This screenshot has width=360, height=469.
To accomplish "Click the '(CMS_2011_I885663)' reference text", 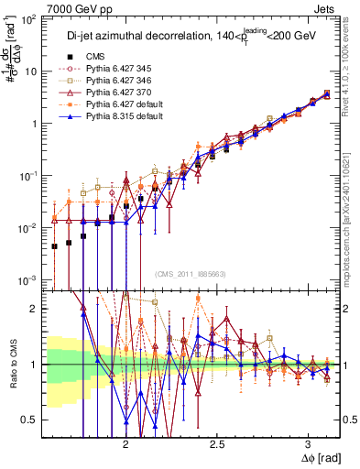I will (189, 275).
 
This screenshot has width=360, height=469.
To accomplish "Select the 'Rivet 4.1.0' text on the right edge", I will (351, 55).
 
